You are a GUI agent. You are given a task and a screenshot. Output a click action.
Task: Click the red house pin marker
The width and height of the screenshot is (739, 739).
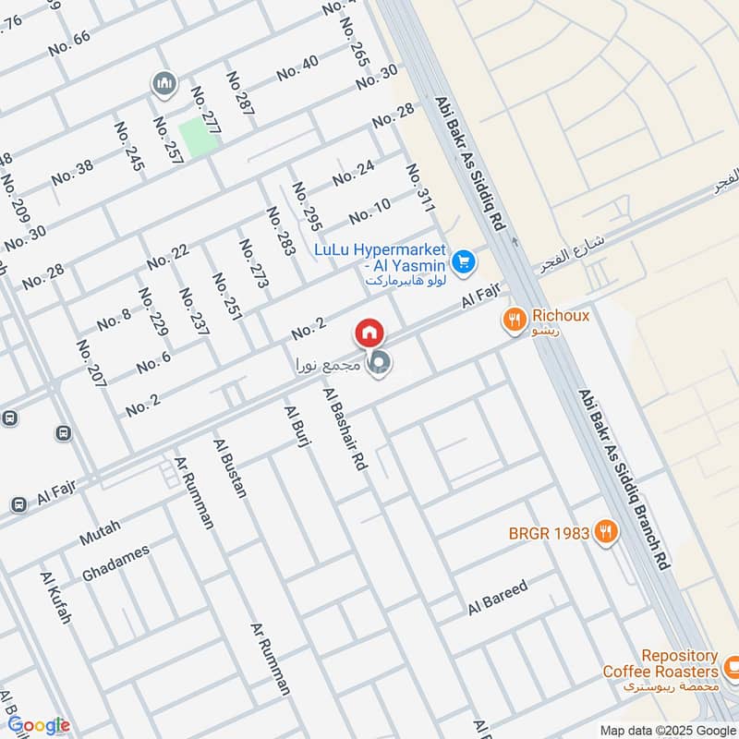pyautogui.click(x=369, y=333)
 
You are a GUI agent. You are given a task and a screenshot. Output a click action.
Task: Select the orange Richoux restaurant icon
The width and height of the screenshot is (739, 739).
pyautogui.click(x=515, y=321)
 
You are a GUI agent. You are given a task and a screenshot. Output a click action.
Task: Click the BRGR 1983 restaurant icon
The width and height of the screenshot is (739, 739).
pyautogui.click(x=606, y=531)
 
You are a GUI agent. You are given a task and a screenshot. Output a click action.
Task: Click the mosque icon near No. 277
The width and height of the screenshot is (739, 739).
pyautogui.click(x=164, y=85)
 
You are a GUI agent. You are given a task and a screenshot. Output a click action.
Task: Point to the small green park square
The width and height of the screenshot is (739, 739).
pyautogui.click(x=199, y=137)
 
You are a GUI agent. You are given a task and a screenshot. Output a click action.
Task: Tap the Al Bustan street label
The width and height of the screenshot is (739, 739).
pyautogui.click(x=230, y=468)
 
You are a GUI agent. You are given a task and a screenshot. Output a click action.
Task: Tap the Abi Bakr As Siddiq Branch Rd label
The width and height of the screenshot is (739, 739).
pyautogui.click(x=624, y=479)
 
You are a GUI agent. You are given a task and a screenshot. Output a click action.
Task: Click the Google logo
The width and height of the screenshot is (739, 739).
pyautogui.click(x=38, y=725)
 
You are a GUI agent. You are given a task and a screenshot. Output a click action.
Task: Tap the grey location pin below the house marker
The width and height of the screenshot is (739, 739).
pyautogui.click(x=378, y=366)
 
